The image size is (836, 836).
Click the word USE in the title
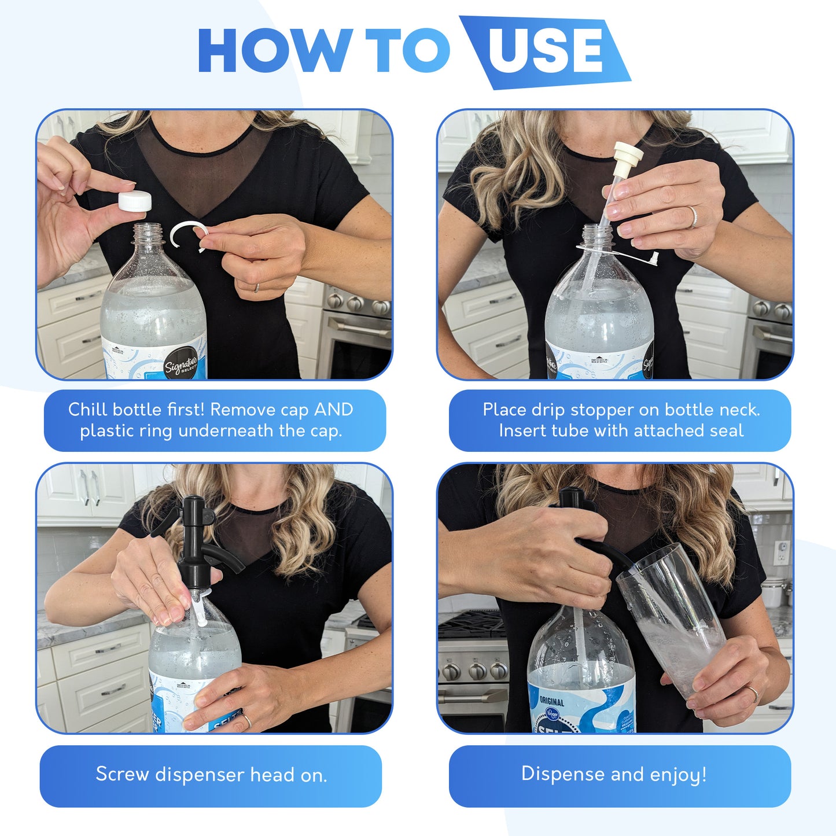pos(546,51)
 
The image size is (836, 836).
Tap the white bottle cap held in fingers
pos(135,201)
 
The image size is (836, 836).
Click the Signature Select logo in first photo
pos(181,363)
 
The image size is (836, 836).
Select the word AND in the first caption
pos(333,410)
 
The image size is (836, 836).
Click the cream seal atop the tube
pos(627,155)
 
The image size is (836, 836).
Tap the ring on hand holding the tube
pos(693,216)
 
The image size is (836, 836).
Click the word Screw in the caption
pos(122,774)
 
